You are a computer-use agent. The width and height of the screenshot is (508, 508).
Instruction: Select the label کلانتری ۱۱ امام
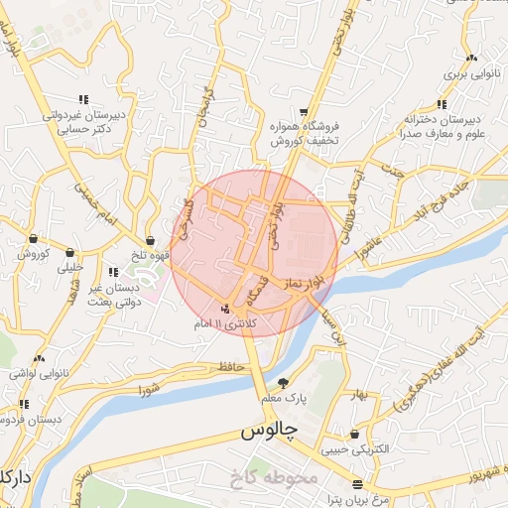point(229,324)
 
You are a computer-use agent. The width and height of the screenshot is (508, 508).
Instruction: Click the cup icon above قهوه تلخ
point(150,240)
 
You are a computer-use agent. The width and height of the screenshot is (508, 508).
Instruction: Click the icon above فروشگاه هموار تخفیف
point(304,112)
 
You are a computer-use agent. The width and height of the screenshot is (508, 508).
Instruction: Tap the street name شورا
point(150,384)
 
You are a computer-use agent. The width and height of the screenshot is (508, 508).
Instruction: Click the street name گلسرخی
point(184,210)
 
